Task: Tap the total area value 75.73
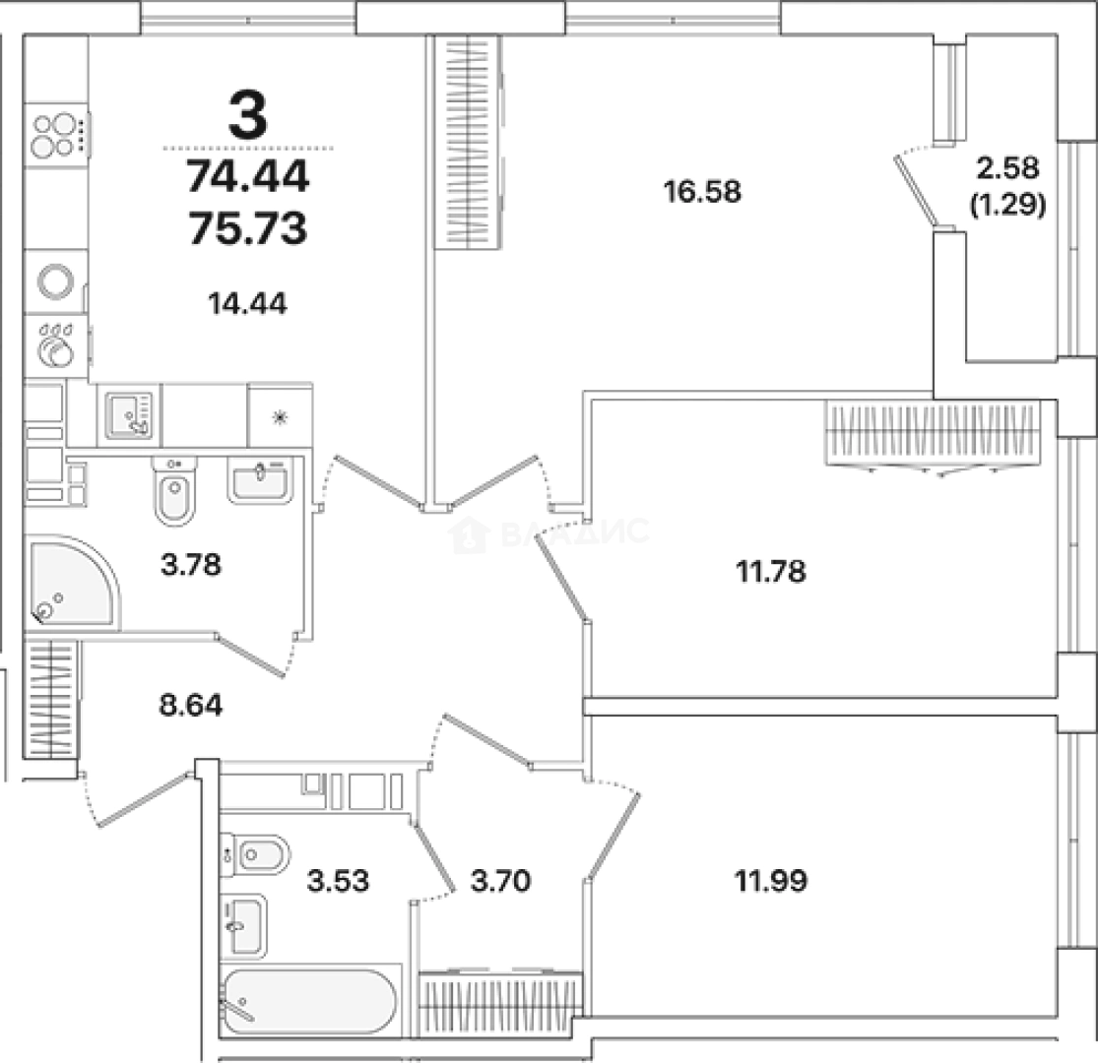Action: (248, 228)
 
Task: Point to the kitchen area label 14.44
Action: (248, 304)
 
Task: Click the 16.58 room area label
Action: (702, 191)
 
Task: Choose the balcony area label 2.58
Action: (1008, 168)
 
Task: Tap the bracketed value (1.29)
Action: (1008, 205)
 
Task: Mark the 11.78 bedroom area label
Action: (770, 572)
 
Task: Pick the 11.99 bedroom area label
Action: (771, 880)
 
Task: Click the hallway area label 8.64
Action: (190, 706)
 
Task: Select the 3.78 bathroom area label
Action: (190, 564)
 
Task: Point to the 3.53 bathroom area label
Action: (338, 881)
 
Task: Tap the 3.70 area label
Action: (500, 881)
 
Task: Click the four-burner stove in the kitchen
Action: (57, 135)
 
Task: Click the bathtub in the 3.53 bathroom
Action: (309, 1001)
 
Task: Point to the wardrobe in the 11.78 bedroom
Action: (933, 434)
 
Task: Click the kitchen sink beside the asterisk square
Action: (129, 415)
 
